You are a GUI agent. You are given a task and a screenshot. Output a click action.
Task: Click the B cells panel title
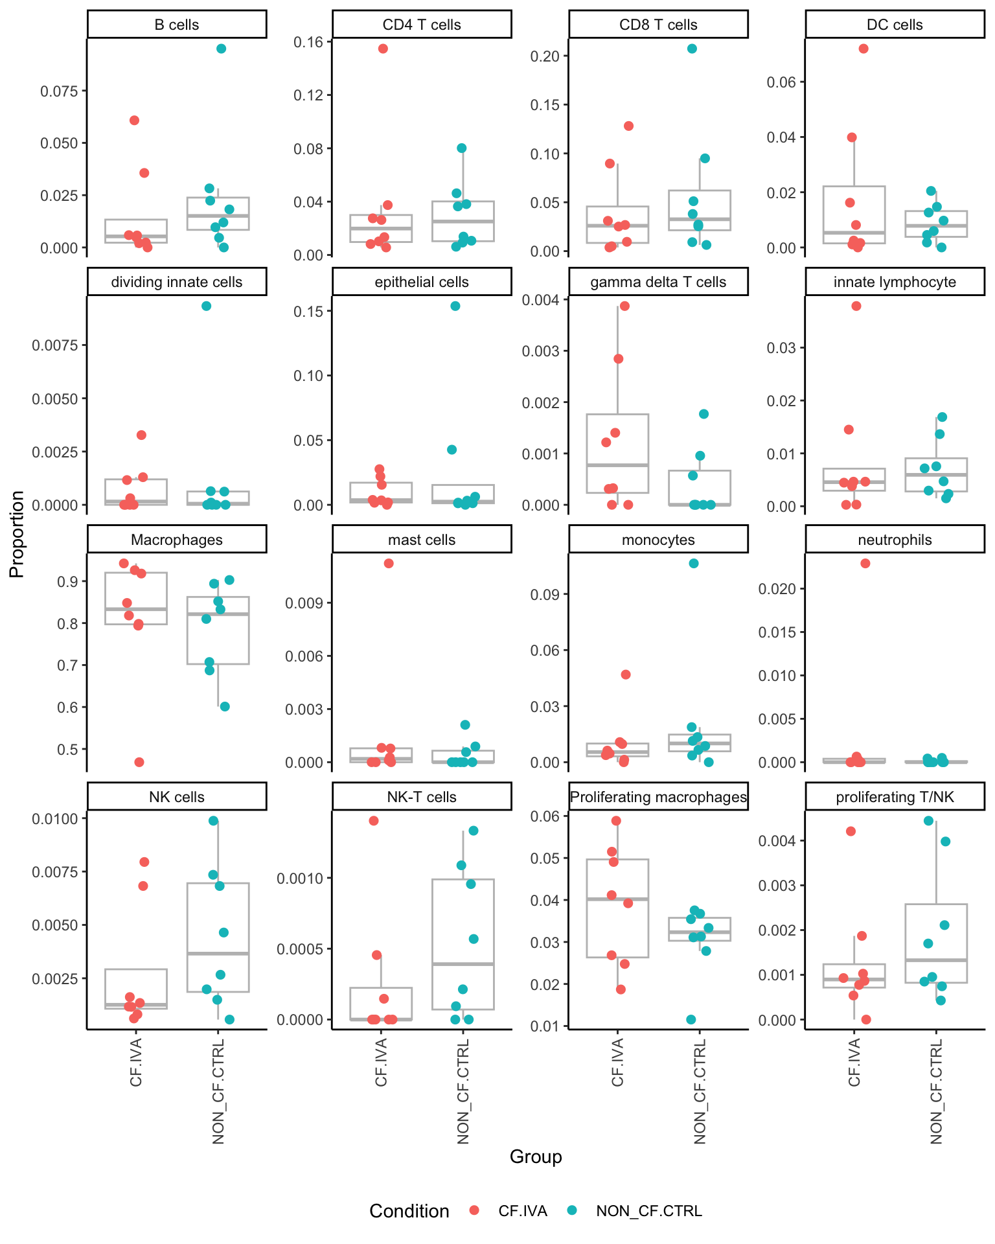tap(177, 25)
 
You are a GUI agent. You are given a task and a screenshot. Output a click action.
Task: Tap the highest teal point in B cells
tap(221, 49)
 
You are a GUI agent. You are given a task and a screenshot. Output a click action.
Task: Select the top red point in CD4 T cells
tap(383, 49)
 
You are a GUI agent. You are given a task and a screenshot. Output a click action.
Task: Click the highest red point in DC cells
tap(863, 49)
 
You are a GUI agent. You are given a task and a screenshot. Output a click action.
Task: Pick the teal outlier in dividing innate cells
tap(206, 306)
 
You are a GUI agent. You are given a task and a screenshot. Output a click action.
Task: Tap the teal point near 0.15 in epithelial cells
tap(455, 306)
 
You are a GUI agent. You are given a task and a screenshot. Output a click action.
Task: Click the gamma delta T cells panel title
tap(658, 282)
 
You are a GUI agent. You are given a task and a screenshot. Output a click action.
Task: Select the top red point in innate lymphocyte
tap(856, 306)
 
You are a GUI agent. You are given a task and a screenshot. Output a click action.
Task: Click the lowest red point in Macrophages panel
tap(139, 762)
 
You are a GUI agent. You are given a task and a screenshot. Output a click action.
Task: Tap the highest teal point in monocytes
tap(694, 563)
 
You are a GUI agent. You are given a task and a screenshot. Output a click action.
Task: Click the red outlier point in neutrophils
tap(865, 563)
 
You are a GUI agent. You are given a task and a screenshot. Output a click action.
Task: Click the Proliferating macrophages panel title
tap(658, 797)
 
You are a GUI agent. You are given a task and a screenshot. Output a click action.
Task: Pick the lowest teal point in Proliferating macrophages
tap(691, 1019)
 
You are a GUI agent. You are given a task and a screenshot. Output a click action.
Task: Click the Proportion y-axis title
tap(17, 534)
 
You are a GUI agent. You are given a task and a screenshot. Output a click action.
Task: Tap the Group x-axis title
tap(536, 1157)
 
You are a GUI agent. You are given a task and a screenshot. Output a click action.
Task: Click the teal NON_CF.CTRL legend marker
tap(571, 1210)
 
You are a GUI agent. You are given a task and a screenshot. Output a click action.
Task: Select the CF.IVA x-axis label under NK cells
tap(136, 1062)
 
